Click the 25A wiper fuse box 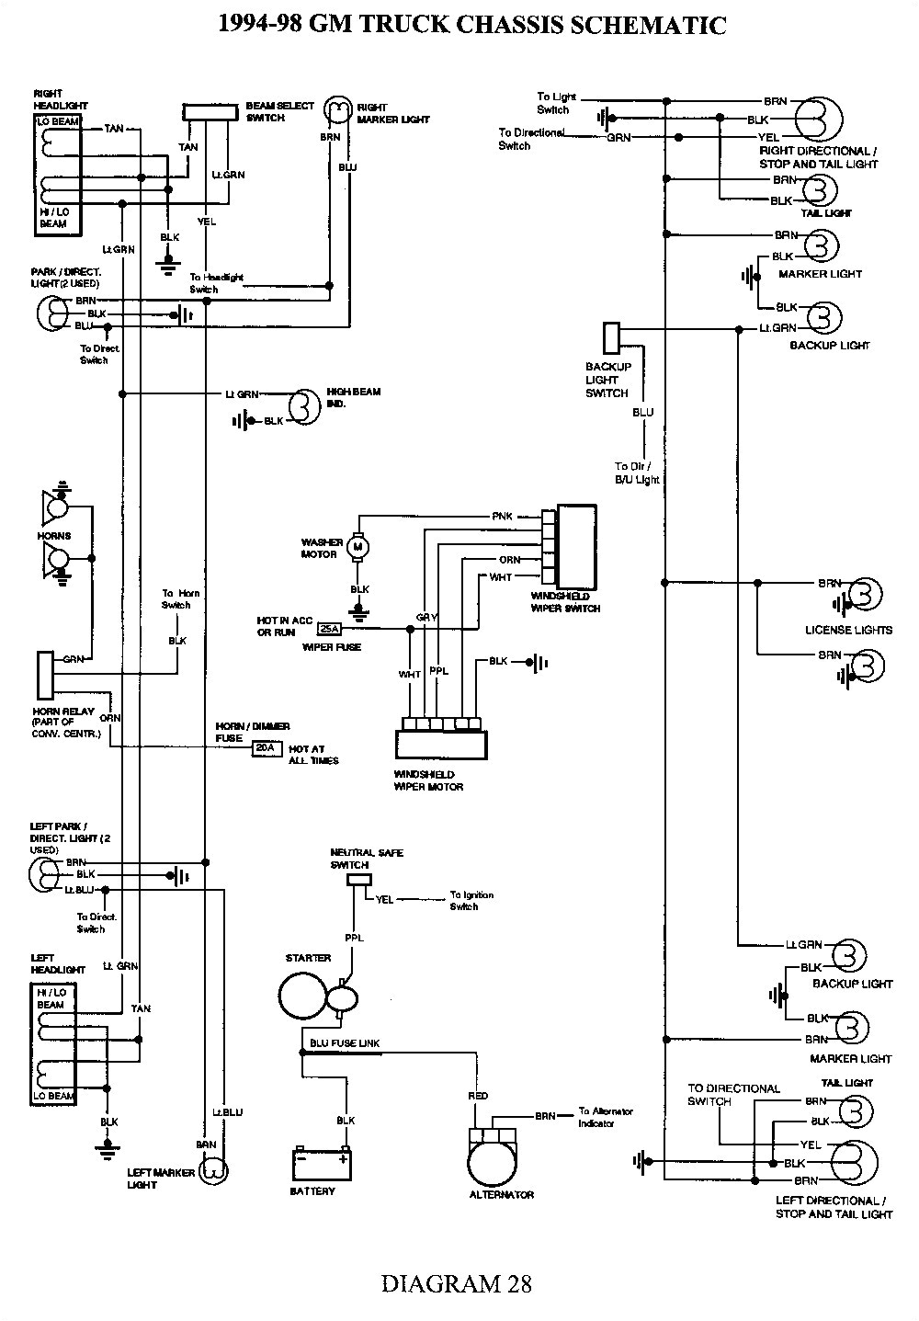coord(327,629)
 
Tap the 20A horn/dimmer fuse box coord(265,748)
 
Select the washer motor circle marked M coord(359,548)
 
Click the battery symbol coord(321,1163)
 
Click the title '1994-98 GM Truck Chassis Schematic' coord(471,25)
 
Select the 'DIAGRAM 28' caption coord(456,1282)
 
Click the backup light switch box coord(611,337)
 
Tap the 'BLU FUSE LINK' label coord(346,1043)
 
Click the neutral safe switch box coord(357,880)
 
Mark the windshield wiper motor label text coord(428,780)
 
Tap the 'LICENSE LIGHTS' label coord(848,630)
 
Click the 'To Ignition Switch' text coord(471,900)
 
